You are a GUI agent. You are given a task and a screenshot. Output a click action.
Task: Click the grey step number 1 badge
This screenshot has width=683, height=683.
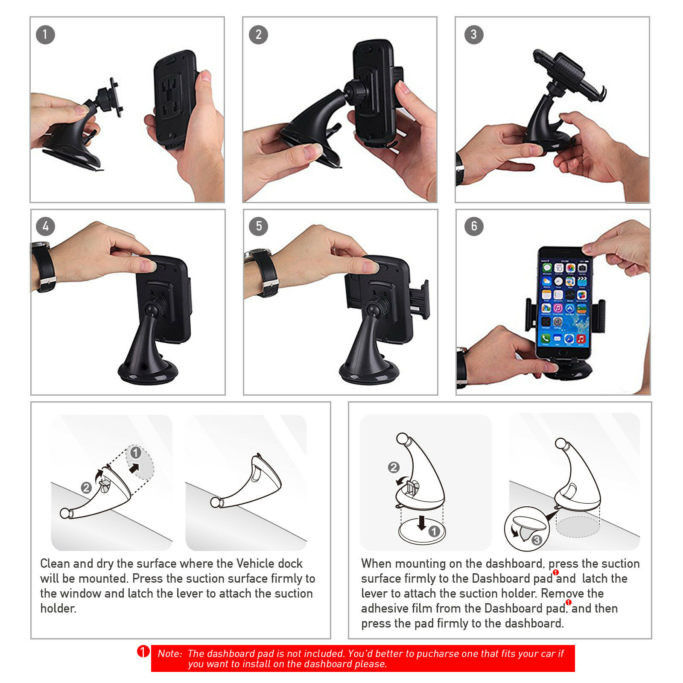pyautogui.click(x=45, y=35)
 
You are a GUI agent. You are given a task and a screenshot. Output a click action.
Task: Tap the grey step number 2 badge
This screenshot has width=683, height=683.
pyautogui.click(x=258, y=35)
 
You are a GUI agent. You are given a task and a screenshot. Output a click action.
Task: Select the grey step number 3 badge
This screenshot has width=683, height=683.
pyautogui.click(x=474, y=35)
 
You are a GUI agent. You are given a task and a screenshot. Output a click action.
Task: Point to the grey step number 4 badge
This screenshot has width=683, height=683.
pyautogui.click(x=45, y=226)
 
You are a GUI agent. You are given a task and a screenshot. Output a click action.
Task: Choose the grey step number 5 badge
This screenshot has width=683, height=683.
pyautogui.click(x=258, y=226)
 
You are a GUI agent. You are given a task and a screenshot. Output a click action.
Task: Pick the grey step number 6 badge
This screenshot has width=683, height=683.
pyautogui.click(x=474, y=226)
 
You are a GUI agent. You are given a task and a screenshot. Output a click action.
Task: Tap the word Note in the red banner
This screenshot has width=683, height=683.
pyautogui.click(x=169, y=654)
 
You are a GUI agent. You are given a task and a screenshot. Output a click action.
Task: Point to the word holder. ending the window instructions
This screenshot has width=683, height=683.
pyautogui.click(x=58, y=608)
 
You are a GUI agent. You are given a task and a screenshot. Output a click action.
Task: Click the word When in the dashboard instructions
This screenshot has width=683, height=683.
pyautogui.click(x=376, y=563)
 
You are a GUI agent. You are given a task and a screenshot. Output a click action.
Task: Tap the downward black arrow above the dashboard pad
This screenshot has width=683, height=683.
pyautogui.click(x=422, y=522)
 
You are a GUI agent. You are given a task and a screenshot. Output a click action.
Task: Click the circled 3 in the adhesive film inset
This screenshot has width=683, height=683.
pyautogui.click(x=537, y=540)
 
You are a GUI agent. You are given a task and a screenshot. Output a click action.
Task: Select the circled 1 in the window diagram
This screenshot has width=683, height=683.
pyautogui.click(x=136, y=452)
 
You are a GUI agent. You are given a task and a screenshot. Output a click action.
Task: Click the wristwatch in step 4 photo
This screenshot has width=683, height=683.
pyautogui.click(x=44, y=267)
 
